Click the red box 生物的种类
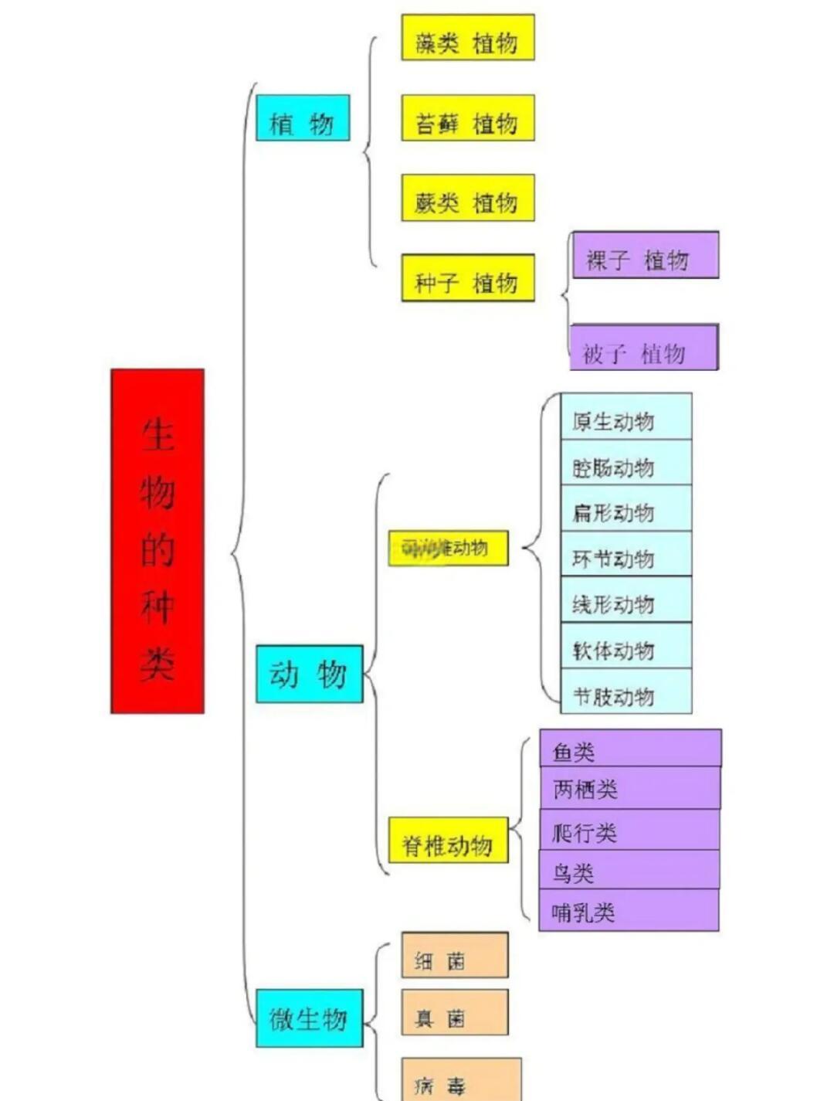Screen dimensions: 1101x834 (158, 541)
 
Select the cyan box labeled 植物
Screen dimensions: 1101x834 (303, 118)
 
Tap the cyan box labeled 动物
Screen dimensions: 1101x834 (309, 674)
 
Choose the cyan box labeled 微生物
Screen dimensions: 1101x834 (309, 1018)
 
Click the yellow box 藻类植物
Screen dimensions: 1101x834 (467, 37)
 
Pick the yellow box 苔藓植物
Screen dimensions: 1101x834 (467, 118)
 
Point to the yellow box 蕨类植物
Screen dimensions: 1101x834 (467, 198)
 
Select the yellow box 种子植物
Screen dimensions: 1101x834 (467, 277)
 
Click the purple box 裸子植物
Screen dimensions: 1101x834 (645, 255)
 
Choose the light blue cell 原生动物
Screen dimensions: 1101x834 (626, 417)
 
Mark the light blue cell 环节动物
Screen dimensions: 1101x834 (626, 554)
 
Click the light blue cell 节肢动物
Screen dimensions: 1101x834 (626, 692)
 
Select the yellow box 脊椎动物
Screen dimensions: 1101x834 (448, 840)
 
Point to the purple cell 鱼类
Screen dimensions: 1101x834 (630, 748)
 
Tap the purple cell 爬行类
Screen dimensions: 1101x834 (629, 830)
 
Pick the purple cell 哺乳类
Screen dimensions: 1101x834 (629, 910)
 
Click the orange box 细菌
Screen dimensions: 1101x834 (454, 956)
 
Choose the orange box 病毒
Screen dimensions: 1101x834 (461, 1079)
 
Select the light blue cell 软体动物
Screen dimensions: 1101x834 (626, 646)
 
